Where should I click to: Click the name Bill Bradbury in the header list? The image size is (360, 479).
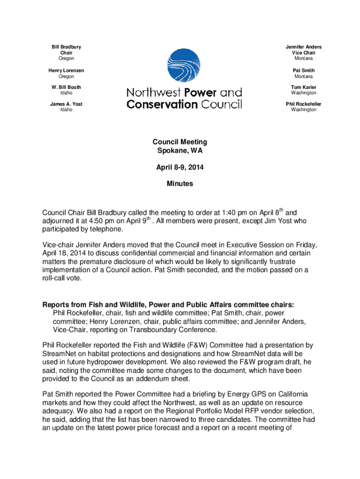point(66,47)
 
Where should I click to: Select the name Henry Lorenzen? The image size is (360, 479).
point(66,70)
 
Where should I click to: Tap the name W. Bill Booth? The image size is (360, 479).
point(66,87)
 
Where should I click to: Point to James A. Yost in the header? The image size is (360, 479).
point(66,104)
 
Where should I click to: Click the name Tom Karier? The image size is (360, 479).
point(303,87)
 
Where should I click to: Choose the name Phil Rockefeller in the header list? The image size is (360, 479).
point(303,104)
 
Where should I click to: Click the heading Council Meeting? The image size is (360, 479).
point(180,142)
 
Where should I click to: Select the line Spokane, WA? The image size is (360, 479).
point(180,151)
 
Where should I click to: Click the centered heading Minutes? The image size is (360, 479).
point(180,184)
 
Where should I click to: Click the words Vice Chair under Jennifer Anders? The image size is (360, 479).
point(303,53)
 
